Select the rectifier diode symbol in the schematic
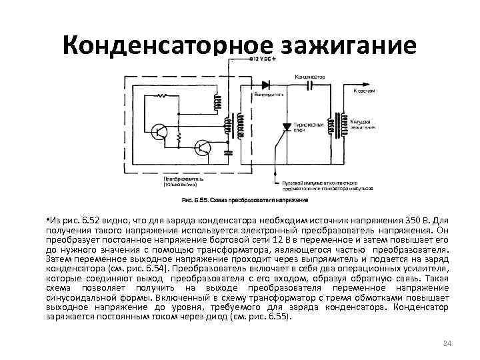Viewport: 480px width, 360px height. (265, 85)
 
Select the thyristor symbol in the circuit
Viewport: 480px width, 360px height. (287, 125)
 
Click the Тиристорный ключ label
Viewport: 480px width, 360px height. (311, 127)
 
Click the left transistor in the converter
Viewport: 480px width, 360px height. (160, 132)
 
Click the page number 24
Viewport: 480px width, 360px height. (447, 343)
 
